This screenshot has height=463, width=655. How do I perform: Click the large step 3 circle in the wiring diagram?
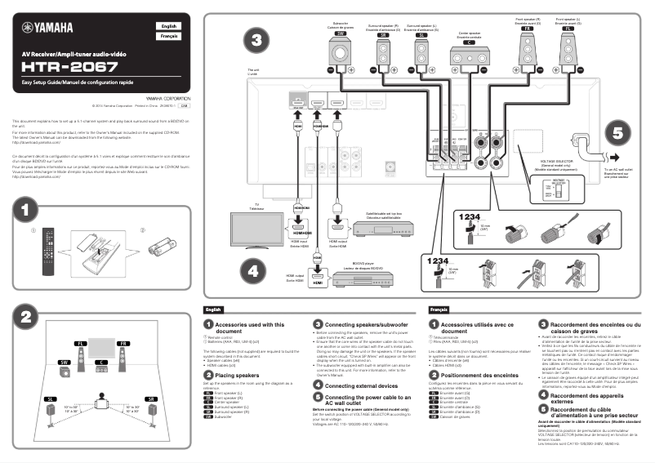pos(256,40)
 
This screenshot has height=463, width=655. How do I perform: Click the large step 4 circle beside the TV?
pos(255,269)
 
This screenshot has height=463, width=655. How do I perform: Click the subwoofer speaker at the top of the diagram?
pos(339,55)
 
